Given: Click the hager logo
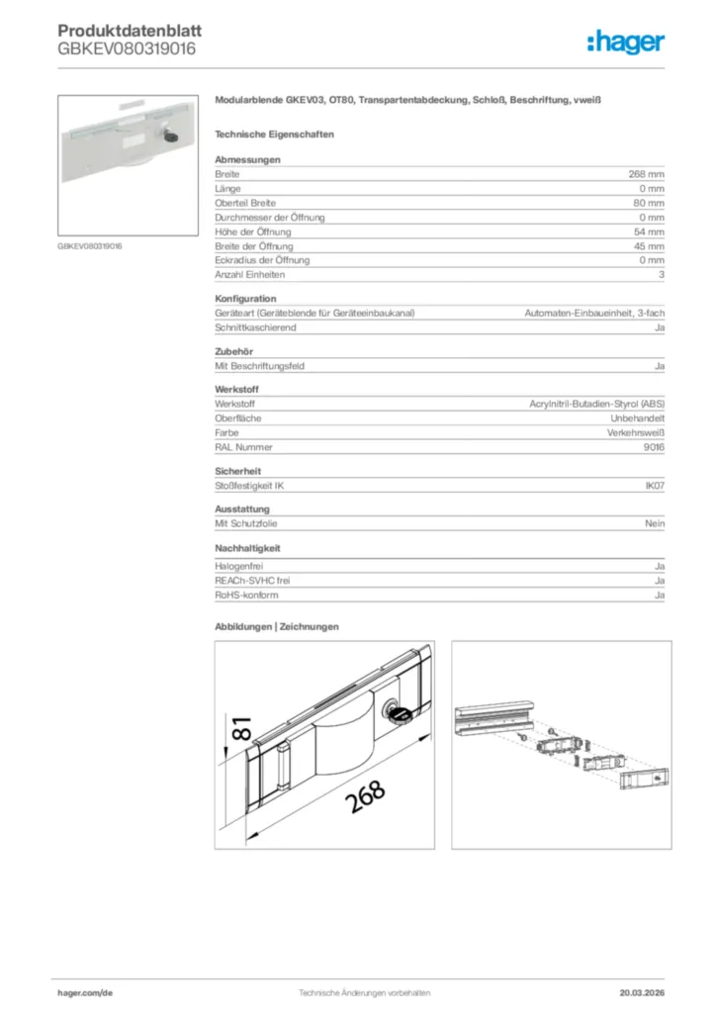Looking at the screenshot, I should click(626, 42).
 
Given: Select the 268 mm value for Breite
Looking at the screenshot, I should click(646, 174).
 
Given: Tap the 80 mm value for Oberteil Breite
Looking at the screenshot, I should click(649, 203).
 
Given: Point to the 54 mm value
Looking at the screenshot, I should click(649, 231).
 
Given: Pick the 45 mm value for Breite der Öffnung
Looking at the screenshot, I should click(649, 245).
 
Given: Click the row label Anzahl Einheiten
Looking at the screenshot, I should click(248, 274).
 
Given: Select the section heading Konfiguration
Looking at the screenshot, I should click(245, 299).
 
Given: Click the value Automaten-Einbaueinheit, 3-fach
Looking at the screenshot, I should click(593, 313).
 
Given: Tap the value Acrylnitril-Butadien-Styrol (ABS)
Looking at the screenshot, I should click(597, 405).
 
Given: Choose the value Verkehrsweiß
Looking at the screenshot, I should click(635, 433).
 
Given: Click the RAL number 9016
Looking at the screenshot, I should click(653, 447).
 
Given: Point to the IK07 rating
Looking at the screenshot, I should click(654, 486).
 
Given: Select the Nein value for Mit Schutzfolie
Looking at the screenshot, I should click(655, 523).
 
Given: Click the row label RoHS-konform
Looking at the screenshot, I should click(246, 596).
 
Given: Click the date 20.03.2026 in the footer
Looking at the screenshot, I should click(642, 992).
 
